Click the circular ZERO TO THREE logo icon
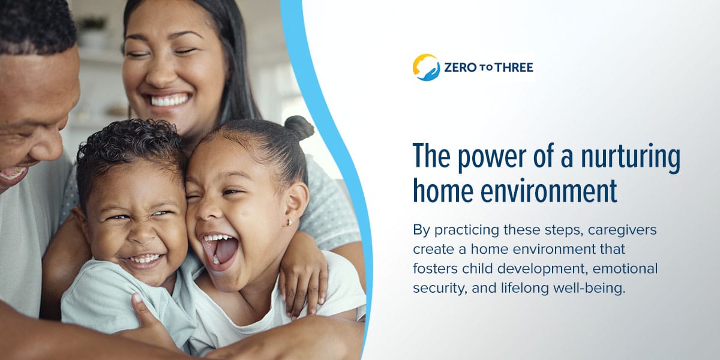(x=426, y=67)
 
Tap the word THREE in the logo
(x=514, y=68)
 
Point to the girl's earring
(x=290, y=223)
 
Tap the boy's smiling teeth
(x=144, y=260)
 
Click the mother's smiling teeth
(x=170, y=100)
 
